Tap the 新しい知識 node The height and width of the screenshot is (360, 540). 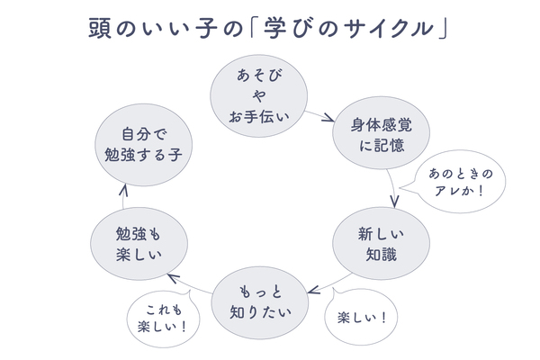377,243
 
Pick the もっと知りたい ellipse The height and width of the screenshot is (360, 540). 256,301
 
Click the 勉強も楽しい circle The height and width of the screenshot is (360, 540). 139,244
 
